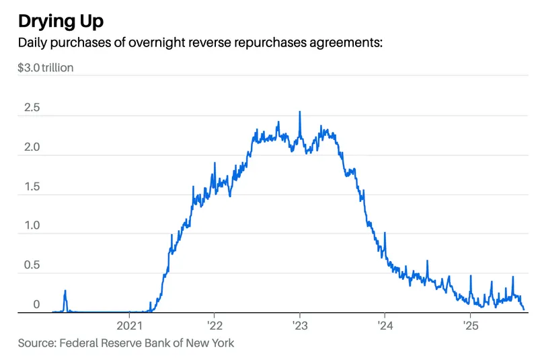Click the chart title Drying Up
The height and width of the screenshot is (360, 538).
pos(61,21)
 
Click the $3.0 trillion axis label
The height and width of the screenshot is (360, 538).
pos(46,67)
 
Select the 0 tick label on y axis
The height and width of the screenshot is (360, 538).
pos(36,305)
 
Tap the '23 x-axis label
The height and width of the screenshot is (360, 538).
pos(299,325)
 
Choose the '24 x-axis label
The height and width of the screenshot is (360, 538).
pos(384,325)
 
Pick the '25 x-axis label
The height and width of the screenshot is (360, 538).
pos(469,325)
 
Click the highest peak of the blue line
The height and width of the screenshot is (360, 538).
pos(299,112)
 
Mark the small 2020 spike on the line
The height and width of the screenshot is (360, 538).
pos(65,291)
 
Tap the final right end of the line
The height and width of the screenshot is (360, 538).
pos(524,310)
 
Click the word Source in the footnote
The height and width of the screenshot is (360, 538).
pos(36,343)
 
